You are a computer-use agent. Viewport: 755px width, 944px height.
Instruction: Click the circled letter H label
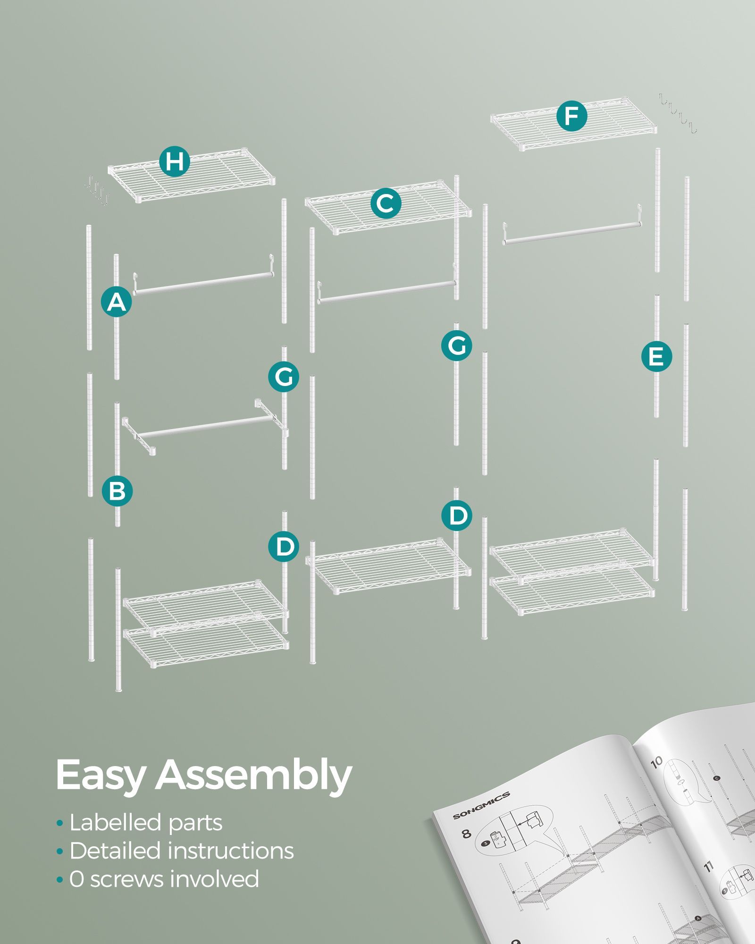(x=174, y=161)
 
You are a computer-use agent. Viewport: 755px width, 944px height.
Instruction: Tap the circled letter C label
(x=386, y=203)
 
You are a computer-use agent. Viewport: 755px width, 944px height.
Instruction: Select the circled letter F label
(x=571, y=116)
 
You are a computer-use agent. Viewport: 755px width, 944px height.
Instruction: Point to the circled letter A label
(x=117, y=302)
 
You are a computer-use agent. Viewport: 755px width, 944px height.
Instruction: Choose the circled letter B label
(x=117, y=490)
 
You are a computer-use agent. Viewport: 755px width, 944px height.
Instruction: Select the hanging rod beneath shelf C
(x=387, y=283)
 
